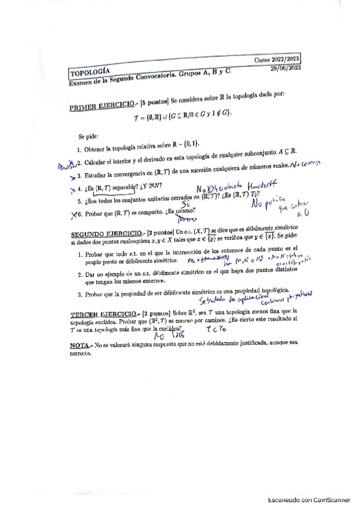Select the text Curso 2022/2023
(x=278, y=60)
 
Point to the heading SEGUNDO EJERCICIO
(x=104, y=234)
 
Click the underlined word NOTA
(x=79, y=346)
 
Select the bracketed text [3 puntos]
(x=159, y=233)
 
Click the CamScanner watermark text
(x=308, y=499)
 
